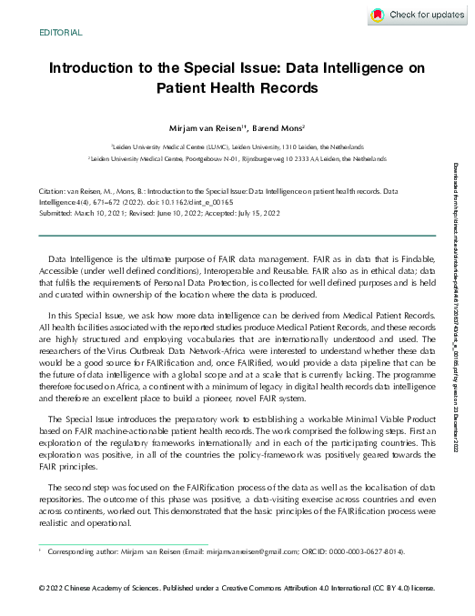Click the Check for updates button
[418, 15]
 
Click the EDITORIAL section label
[61, 33]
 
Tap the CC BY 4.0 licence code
[389, 589]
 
